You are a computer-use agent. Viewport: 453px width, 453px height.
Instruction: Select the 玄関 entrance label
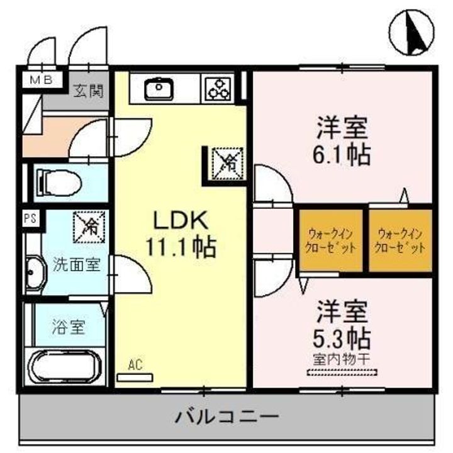click(x=87, y=90)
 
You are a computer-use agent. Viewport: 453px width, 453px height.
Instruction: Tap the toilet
click(x=58, y=182)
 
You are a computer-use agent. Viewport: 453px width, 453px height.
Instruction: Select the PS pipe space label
click(x=29, y=220)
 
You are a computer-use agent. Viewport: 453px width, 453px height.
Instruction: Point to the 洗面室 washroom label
click(x=76, y=264)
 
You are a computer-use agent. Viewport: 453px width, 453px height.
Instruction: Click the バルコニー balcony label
click(x=226, y=416)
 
